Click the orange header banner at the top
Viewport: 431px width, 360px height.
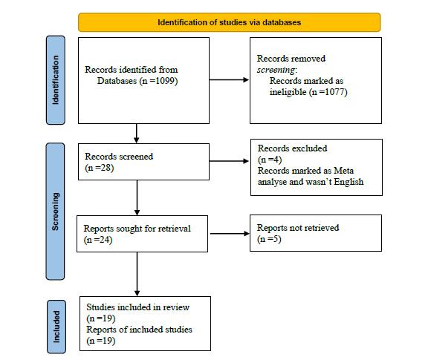(229, 22)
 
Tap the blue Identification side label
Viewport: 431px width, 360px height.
(57, 80)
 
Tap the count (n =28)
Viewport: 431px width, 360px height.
(100, 168)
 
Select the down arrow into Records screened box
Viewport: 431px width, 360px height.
(137, 134)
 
